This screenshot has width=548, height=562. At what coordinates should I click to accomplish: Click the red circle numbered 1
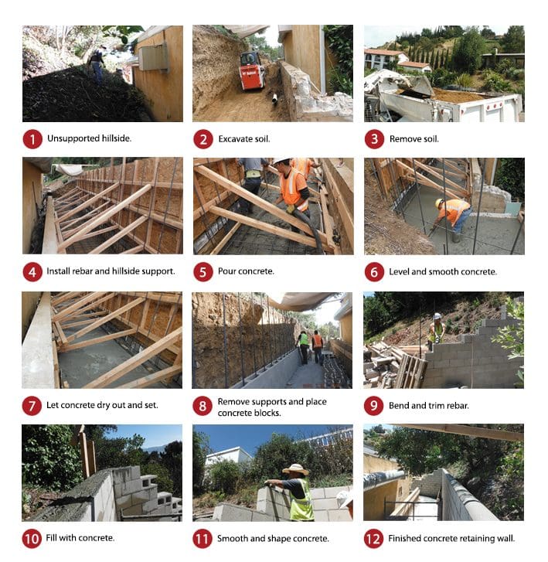pyautogui.click(x=32, y=139)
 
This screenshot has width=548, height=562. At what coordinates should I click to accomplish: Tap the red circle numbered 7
pyautogui.click(x=32, y=406)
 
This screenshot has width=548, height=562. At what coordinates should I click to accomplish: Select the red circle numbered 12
pyautogui.click(x=374, y=539)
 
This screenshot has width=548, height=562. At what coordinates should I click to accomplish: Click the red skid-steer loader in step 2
pyautogui.click(x=252, y=70)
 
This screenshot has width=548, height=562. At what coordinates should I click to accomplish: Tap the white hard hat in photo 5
pyautogui.click(x=281, y=161)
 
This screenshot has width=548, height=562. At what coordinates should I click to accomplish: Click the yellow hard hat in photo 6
pyautogui.click(x=439, y=203)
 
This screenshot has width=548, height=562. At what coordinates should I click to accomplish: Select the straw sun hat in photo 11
pyautogui.click(x=296, y=469)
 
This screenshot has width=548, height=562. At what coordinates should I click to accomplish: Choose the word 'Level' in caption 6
pyautogui.click(x=399, y=271)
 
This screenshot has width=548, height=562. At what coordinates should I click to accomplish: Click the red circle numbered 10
pyautogui.click(x=32, y=539)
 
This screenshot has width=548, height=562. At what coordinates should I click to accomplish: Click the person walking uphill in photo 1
pyautogui.click(x=97, y=64)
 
